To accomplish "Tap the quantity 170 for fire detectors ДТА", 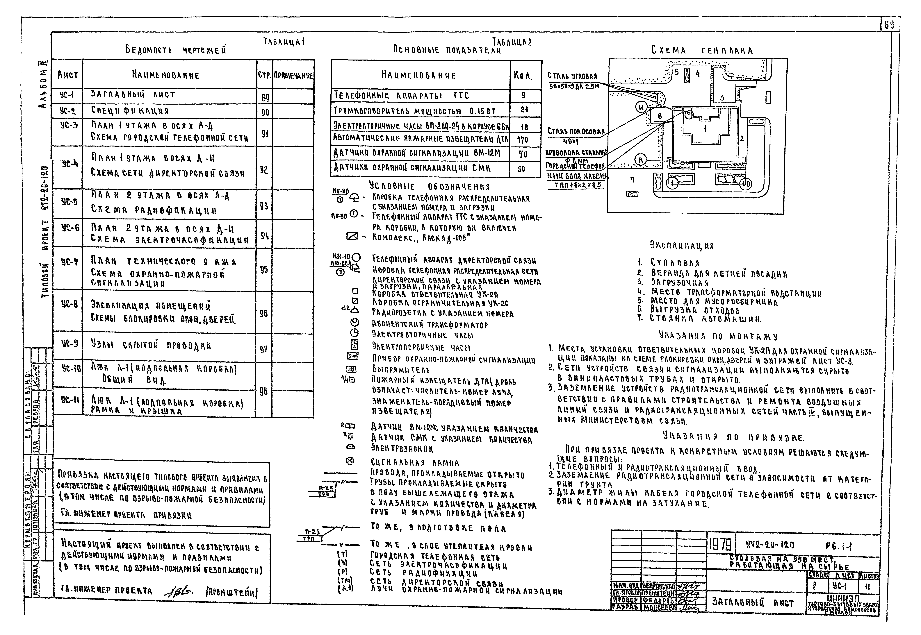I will pyautogui.click(x=524, y=140).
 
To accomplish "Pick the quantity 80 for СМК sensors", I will pyautogui.click(x=522, y=169).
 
